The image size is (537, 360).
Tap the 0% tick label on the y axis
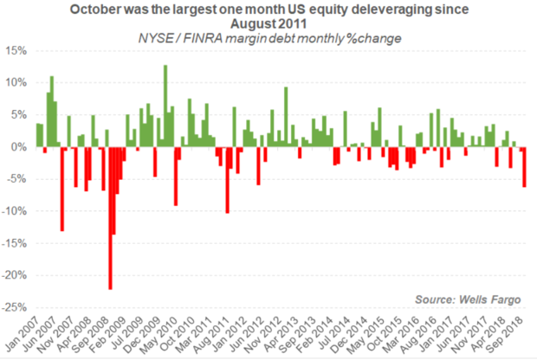point(21,147)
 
